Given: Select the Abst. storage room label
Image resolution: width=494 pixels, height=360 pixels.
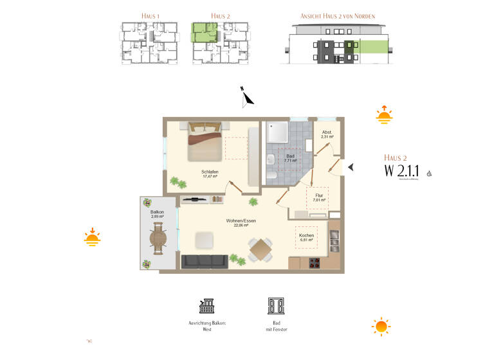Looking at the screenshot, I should click(x=327, y=134).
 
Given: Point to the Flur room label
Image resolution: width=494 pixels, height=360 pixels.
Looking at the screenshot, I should click(x=318, y=197).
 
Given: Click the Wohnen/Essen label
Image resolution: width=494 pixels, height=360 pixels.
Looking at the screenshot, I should click(x=241, y=222).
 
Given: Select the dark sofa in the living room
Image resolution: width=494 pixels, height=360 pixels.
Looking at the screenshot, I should click(x=205, y=261).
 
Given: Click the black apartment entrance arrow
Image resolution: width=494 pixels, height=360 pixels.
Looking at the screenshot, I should click(x=351, y=167).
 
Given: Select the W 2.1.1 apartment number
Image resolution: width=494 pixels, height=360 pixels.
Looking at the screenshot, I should click(x=401, y=170).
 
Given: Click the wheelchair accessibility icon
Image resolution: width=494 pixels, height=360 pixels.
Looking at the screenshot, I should click(x=429, y=172).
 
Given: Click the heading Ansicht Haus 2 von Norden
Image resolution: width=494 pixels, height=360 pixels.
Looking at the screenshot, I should click(x=338, y=15).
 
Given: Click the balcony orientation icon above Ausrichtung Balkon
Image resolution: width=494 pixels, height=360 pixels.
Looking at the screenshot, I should click(x=208, y=305).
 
